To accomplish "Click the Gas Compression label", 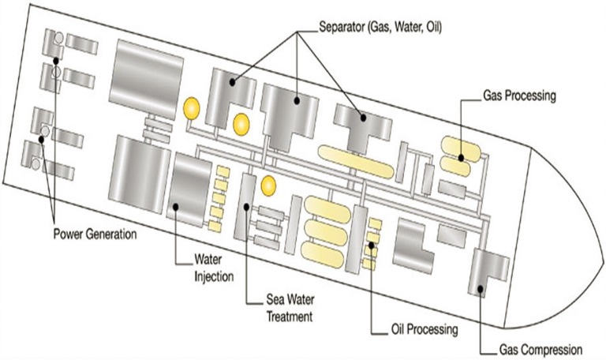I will click(x=541, y=348).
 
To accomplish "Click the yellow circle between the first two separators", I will click(x=241, y=123).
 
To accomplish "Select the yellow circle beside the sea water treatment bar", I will click(x=269, y=186).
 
